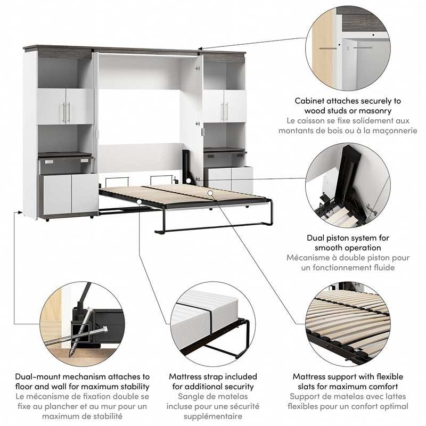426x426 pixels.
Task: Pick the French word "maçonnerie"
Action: (x=394, y=131)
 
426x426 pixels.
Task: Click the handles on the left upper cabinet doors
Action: (x=66, y=112)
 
